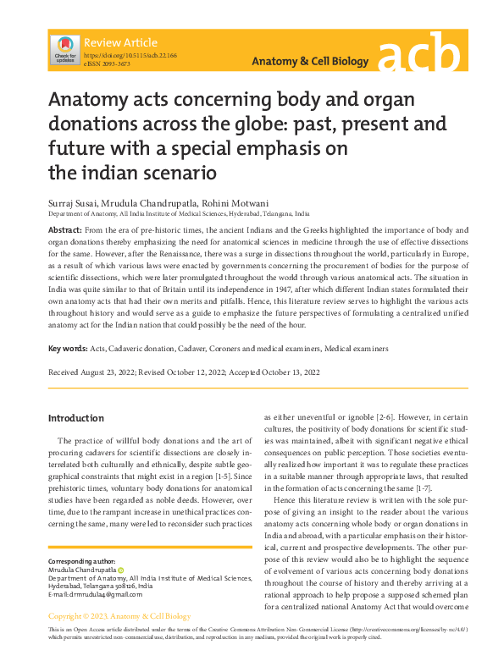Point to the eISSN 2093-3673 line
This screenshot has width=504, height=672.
point(107,63)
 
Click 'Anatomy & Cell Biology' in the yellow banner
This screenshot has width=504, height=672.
point(311,62)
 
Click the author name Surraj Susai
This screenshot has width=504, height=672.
point(74,204)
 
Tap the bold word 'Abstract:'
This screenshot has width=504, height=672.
point(65,230)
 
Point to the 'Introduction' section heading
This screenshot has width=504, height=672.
point(76,418)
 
